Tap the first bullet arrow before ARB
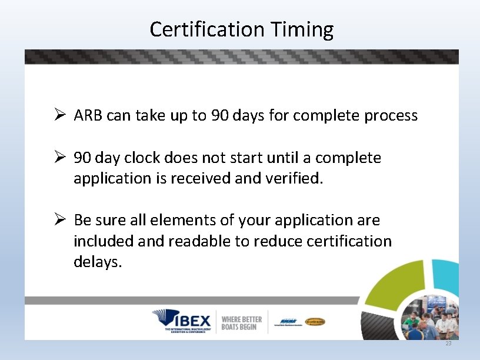[59, 115]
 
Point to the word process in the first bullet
[391, 116]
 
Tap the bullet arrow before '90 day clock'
[59, 158]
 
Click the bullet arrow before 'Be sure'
[59, 220]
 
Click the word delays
[98, 262]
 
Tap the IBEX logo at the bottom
[182, 322]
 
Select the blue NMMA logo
[288, 322]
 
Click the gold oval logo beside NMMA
[315, 322]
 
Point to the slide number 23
[448, 343]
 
